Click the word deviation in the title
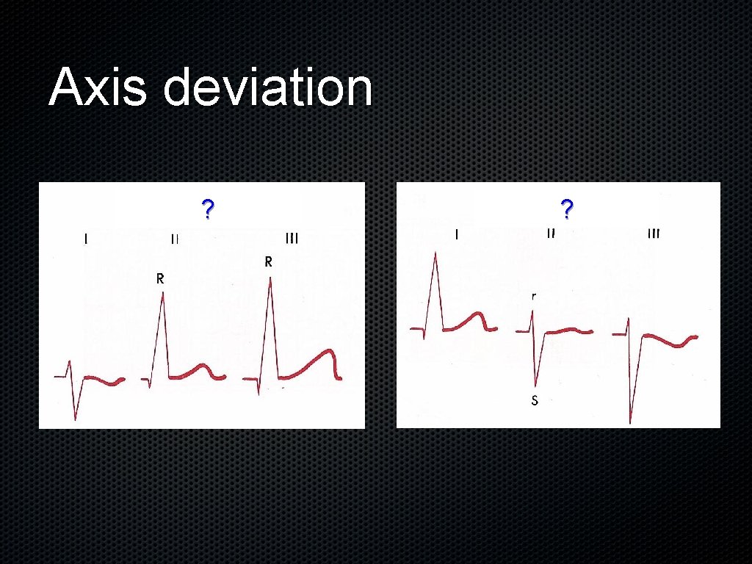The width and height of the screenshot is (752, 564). click(268, 87)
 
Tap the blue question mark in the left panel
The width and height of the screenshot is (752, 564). click(208, 210)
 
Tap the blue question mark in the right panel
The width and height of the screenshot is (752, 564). click(566, 210)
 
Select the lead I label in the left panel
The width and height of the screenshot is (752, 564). click(86, 238)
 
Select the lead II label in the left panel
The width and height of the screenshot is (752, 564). click(175, 238)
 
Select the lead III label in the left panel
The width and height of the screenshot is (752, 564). click(292, 238)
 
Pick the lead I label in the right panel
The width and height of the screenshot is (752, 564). click(458, 235)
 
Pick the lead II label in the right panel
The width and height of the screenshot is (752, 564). click(551, 234)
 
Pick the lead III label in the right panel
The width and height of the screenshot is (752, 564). click(653, 234)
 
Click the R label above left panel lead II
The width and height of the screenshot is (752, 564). click(159, 279)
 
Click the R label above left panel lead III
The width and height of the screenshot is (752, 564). click(269, 261)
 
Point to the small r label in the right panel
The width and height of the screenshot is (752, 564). click(534, 297)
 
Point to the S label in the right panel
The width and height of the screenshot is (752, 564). click(535, 400)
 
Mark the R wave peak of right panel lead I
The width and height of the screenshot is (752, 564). click(435, 253)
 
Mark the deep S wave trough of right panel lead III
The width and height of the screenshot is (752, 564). click(630, 422)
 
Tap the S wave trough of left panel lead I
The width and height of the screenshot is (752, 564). click(75, 419)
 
